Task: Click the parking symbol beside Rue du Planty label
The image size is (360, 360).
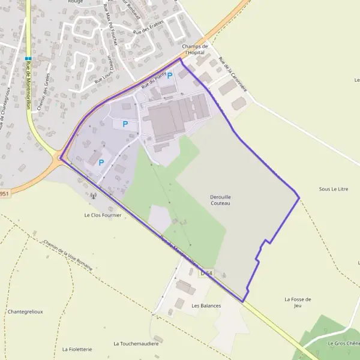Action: click(x=169, y=76)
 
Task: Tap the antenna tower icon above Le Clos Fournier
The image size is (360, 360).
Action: click(x=93, y=196)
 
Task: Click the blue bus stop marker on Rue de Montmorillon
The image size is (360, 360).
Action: click(x=28, y=59)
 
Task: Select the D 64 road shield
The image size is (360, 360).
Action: click(x=206, y=273)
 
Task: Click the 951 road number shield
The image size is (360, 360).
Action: click(x=5, y=193)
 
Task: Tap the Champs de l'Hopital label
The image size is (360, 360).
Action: click(x=196, y=49)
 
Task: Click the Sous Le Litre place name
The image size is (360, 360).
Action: click(x=334, y=189)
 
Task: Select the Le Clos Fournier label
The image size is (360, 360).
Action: click(x=103, y=214)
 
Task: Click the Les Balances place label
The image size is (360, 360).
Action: click(x=206, y=305)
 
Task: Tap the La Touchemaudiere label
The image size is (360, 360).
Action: click(x=136, y=344)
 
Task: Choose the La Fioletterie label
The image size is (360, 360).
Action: click(x=77, y=349)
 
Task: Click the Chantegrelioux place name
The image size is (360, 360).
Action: click(x=26, y=311)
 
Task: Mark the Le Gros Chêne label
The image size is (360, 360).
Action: click(x=343, y=343)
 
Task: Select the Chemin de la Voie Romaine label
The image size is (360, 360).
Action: click(x=68, y=256)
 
